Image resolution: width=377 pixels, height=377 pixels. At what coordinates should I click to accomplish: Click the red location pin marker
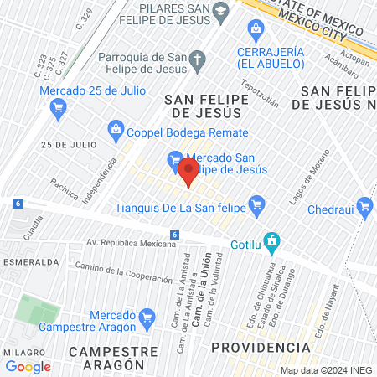point(188,173)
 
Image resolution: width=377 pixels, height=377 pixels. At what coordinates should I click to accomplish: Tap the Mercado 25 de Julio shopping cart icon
point(58,106)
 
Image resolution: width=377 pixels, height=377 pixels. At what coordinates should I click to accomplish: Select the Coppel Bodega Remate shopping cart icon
point(116,129)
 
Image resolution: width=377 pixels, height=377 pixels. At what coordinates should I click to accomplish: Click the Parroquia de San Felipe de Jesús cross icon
point(199,59)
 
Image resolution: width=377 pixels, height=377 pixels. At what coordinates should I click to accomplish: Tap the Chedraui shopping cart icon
point(364,206)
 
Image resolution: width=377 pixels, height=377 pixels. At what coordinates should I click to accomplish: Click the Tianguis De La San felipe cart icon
point(258,202)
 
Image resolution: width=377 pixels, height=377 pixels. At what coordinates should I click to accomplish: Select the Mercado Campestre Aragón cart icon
point(147,317)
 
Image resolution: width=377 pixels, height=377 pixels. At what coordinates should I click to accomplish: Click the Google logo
point(28,366)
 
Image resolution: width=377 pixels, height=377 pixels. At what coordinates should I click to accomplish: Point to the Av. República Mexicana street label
point(132,244)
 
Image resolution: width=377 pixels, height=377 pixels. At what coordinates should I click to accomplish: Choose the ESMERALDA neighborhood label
point(28,261)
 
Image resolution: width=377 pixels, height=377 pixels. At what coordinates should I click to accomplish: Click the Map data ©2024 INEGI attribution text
point(327,370)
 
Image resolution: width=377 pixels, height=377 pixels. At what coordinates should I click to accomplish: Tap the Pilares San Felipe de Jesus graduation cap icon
point(221,11)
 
